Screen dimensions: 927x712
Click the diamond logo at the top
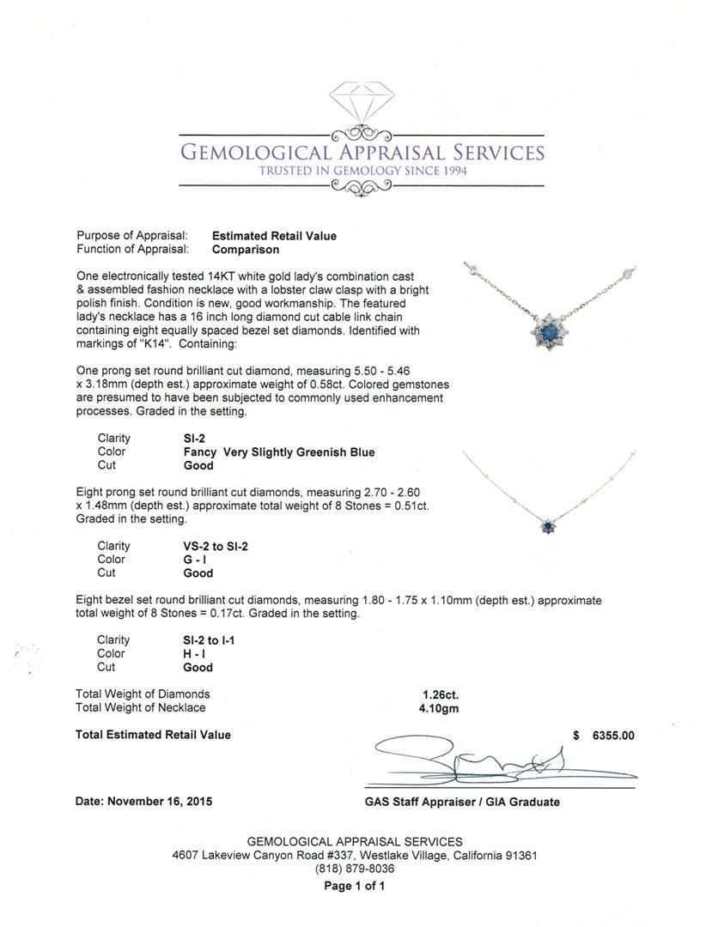361,104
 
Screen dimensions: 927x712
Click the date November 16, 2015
144,802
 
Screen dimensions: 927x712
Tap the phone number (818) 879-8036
355,869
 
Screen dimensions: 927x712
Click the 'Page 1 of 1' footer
355,887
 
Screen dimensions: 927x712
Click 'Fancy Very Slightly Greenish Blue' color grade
279,451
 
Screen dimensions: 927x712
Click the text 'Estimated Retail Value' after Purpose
274,236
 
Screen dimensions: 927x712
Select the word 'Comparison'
246,250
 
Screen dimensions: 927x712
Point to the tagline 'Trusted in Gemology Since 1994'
361,171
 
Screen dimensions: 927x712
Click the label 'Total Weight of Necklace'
141,708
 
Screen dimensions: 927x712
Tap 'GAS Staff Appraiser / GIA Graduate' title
461,802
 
